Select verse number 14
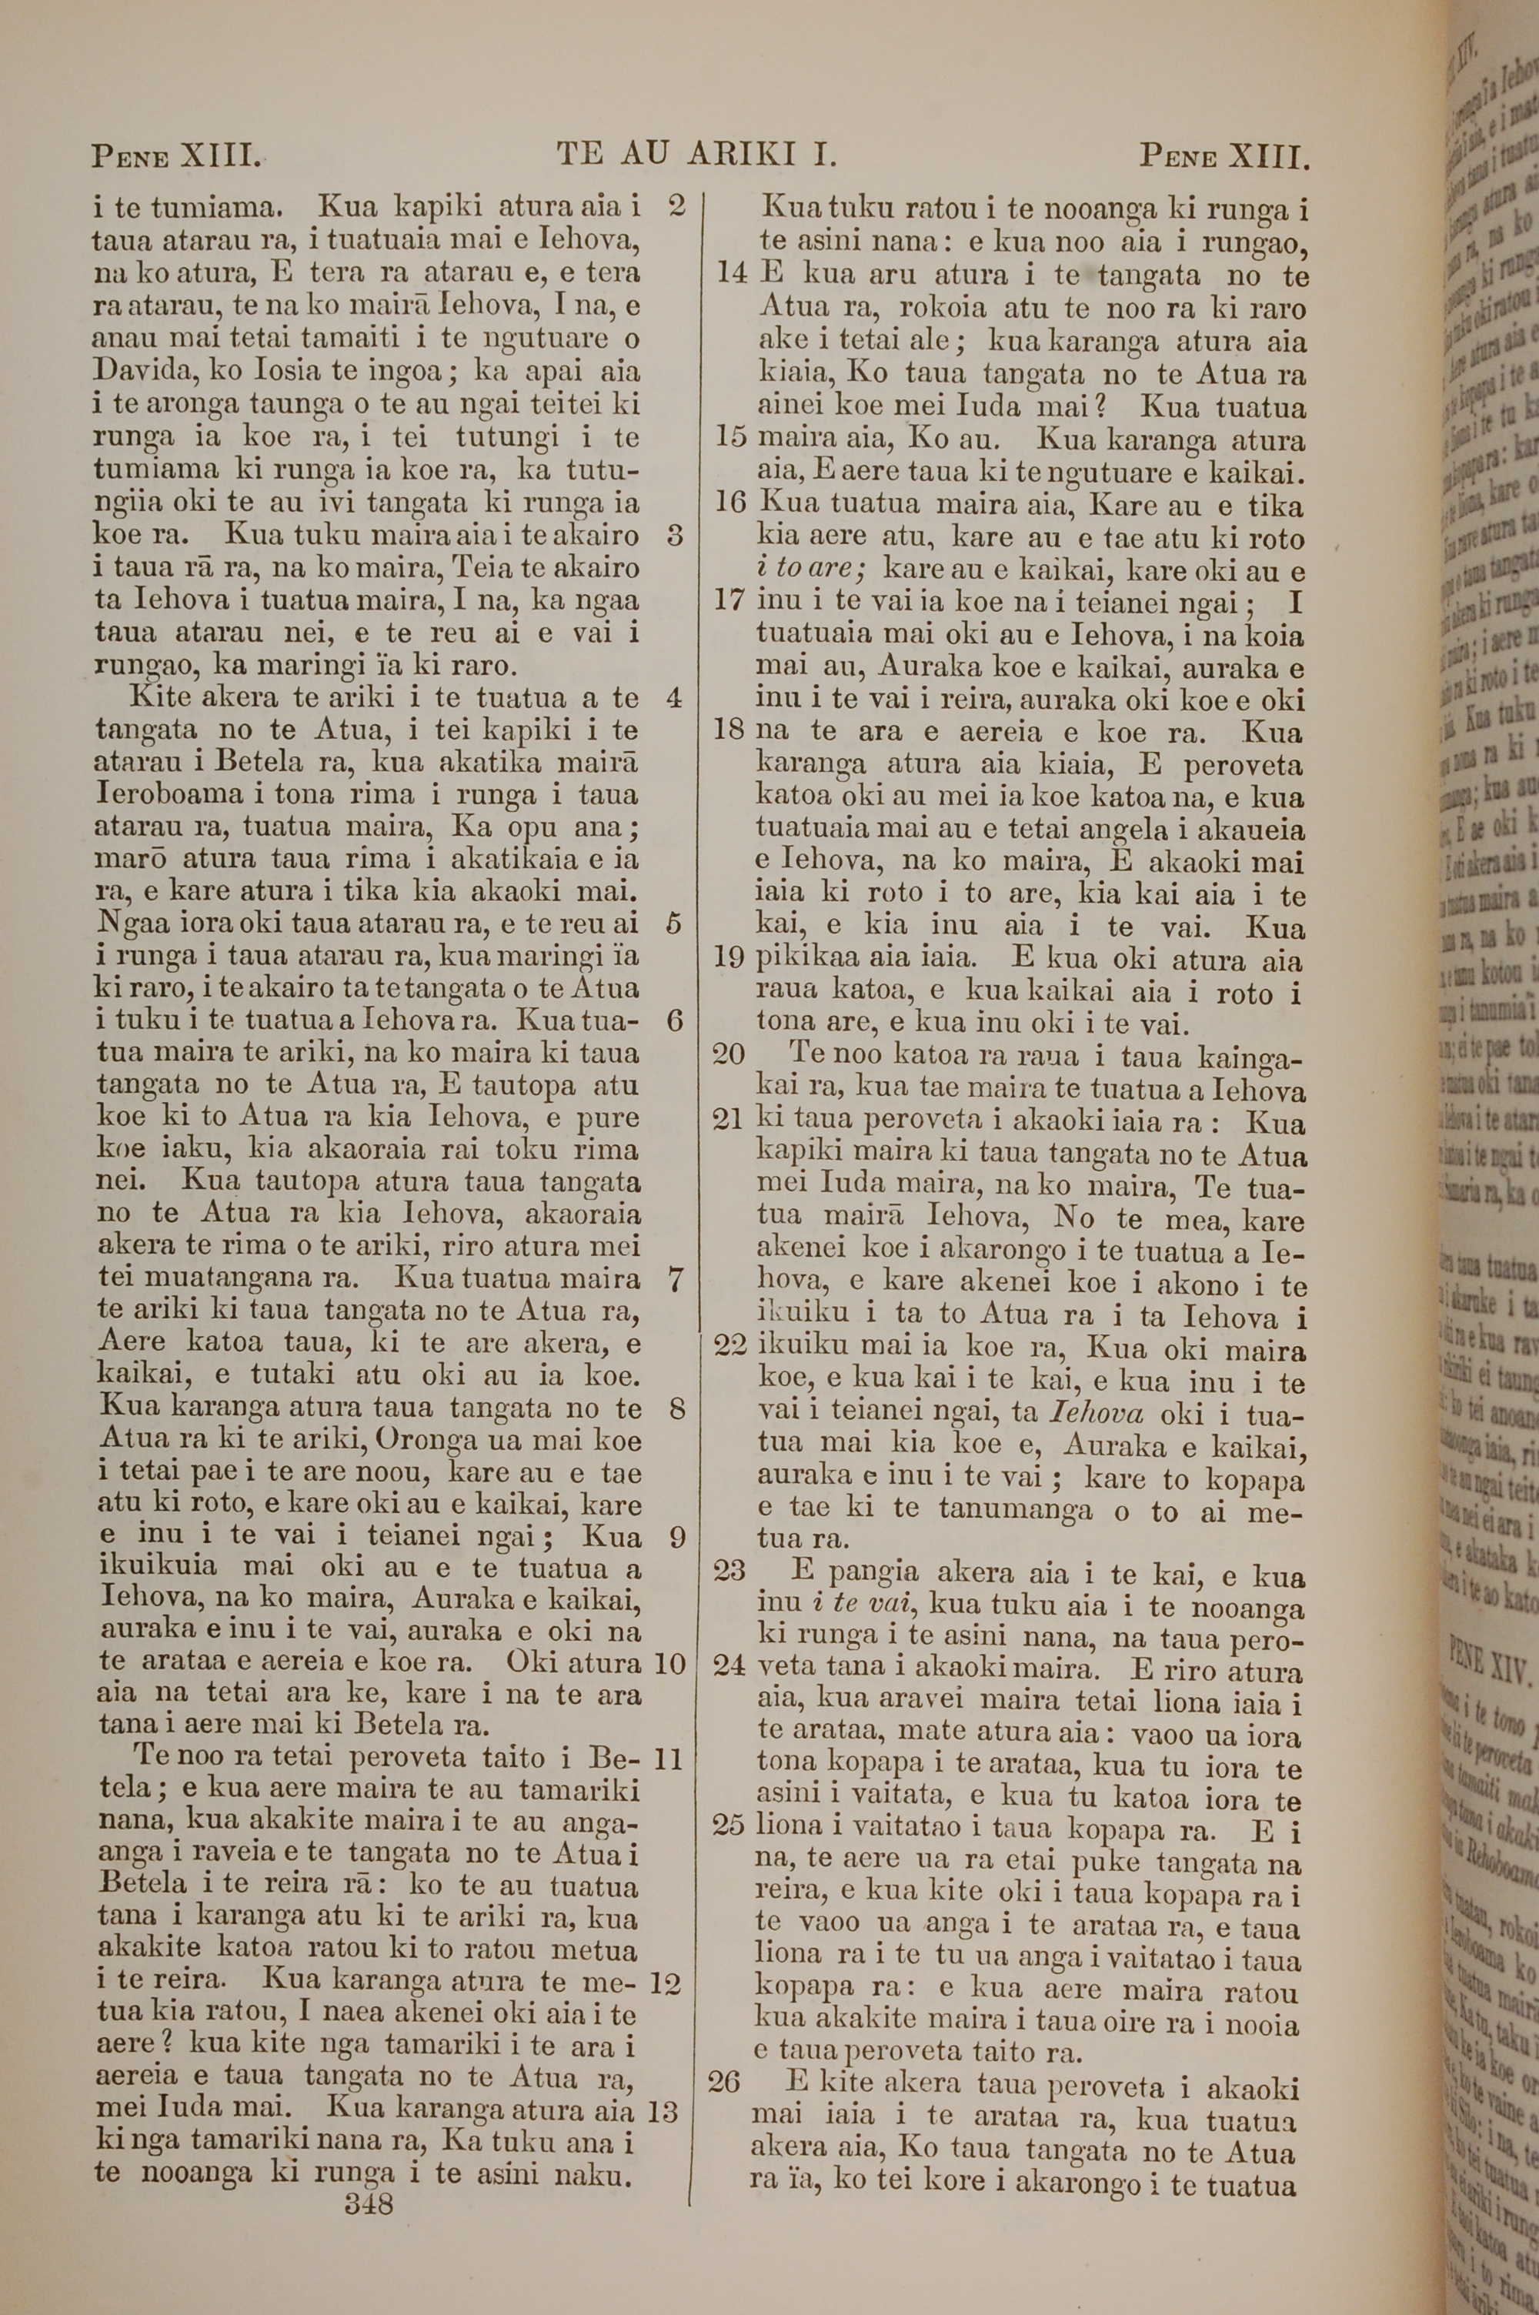pos(733,275)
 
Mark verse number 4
pos(673,699)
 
